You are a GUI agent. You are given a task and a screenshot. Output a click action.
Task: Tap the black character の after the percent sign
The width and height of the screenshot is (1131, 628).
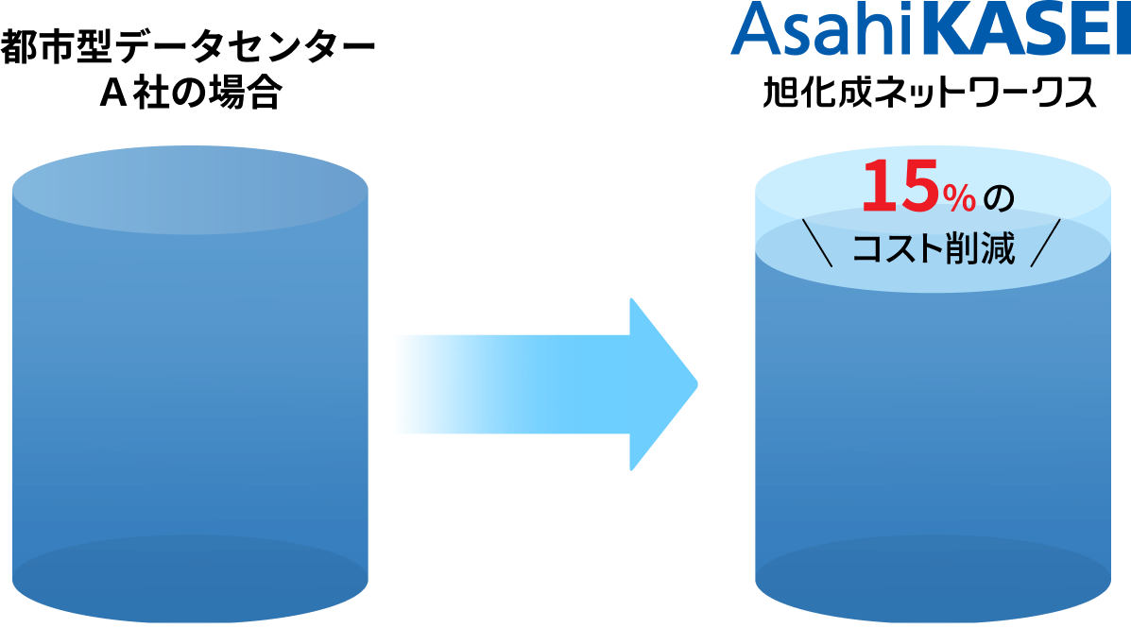click(997, 198)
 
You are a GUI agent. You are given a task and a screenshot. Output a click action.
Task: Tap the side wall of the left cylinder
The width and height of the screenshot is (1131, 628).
click(189, 378)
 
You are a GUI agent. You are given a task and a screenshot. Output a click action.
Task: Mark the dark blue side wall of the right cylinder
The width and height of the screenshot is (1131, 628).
click(933, 406)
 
